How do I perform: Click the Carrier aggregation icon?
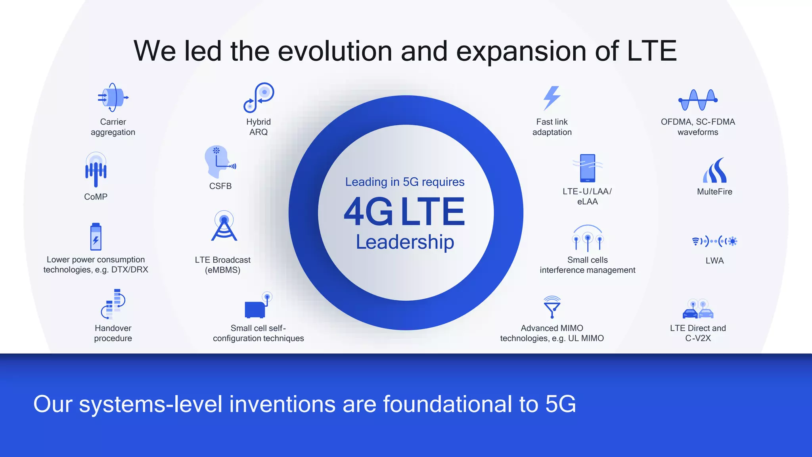(x=113, y=98)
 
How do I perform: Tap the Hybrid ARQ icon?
(x=259, y=98)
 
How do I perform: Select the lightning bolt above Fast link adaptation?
(x=552, y=98)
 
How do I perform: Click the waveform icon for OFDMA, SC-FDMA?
(x=698, y=100)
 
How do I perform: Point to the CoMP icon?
(x=96, y=170)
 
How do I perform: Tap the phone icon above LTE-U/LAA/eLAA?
(x=587, y=168)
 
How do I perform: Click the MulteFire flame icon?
(x=714, y=171)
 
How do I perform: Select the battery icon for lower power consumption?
(x=96, y=237)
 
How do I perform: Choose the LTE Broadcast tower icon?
(x=224, y=226)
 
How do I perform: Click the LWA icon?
(x=714, y=241)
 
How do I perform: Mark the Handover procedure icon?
(x=113, y=304)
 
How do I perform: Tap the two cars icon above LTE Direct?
(x=698, y=309)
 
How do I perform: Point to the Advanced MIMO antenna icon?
(x=552, y=307)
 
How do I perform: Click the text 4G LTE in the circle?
(x=404, y=211)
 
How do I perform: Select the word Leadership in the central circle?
(x=405, y=242)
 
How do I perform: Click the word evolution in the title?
(x=335, y=51)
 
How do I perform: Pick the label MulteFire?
(x=714, y=192)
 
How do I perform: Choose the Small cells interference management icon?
(x=588, y=238)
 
